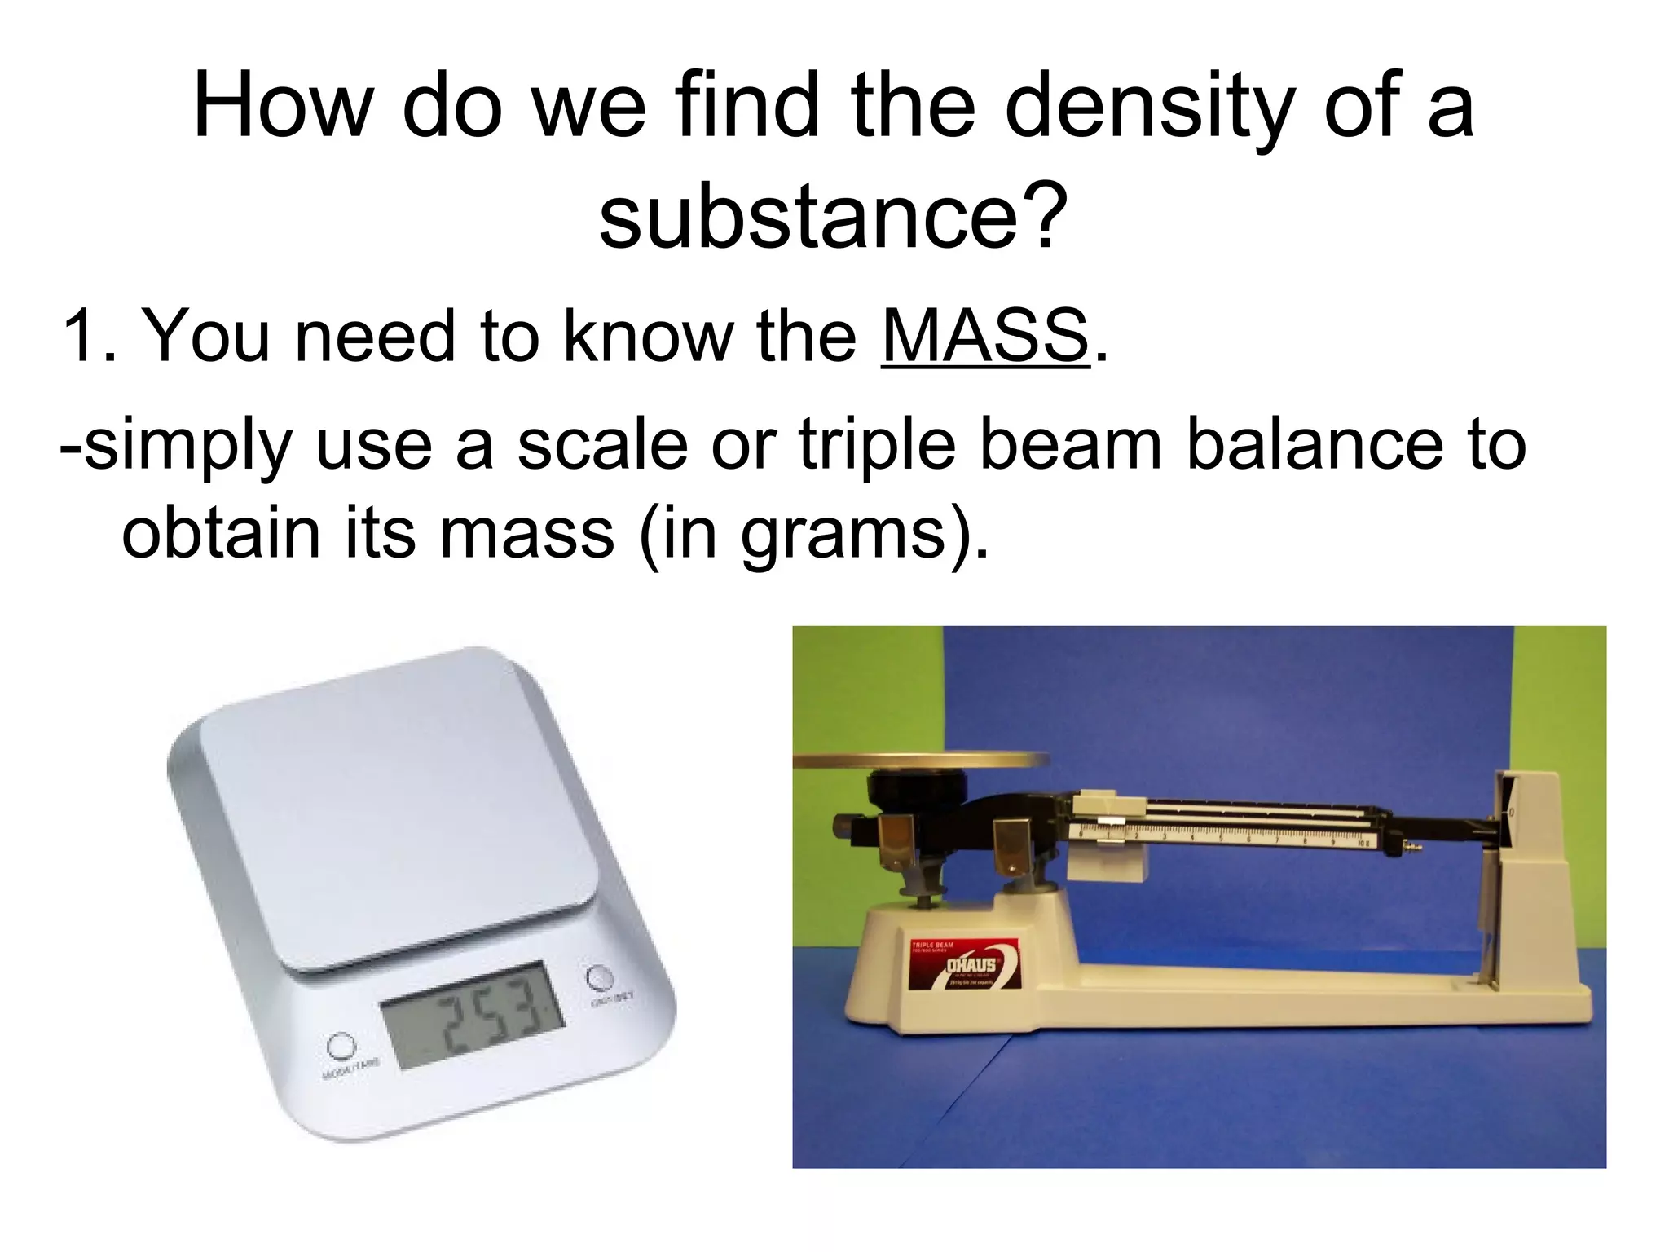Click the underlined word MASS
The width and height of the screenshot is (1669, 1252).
pos(984,336)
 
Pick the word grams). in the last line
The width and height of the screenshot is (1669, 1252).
pos(865,536)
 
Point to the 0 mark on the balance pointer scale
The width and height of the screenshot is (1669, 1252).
pos(1513,813)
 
